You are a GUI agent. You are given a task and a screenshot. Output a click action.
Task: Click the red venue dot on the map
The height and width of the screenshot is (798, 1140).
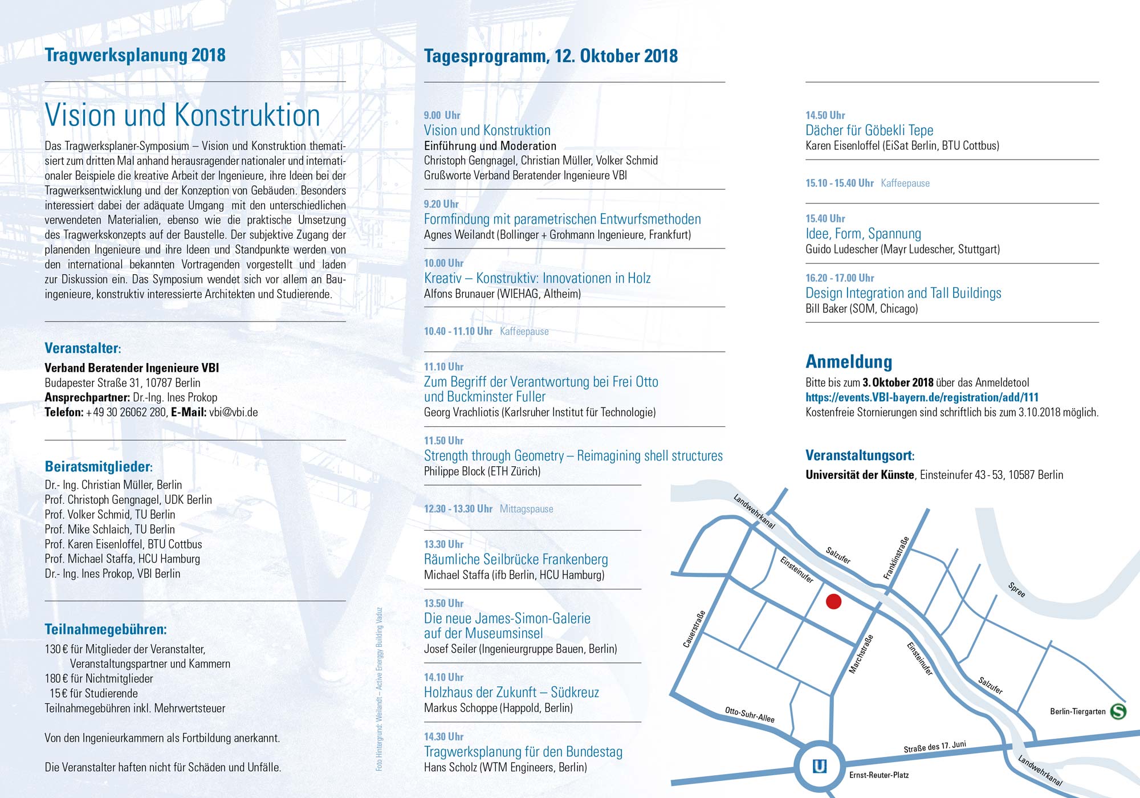(833, 601)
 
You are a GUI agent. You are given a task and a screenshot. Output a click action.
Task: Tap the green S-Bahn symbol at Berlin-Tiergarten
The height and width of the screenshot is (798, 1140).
(1118, 711)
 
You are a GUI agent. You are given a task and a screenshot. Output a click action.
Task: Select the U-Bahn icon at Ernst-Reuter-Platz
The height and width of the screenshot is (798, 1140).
(819, 766)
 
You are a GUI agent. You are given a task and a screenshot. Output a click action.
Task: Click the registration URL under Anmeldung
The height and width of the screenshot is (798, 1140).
(922, 397)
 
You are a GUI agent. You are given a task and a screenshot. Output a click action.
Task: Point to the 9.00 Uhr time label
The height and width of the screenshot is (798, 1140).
(442, 115)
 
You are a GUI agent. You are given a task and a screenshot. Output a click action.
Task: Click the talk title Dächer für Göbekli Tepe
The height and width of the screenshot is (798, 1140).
(869, 131)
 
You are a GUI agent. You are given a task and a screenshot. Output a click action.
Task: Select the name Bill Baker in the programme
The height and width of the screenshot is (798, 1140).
(826, 309)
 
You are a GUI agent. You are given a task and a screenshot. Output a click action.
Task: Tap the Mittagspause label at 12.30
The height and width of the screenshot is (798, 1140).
(526, 509)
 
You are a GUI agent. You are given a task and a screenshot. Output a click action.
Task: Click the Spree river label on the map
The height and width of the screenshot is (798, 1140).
(1016, 589)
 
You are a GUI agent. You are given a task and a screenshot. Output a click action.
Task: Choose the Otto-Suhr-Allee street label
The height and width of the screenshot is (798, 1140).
(750, 714)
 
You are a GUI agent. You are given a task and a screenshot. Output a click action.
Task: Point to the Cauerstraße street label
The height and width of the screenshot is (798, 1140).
(694, 629)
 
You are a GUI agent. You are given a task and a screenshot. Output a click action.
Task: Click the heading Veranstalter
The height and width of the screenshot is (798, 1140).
(82, 348)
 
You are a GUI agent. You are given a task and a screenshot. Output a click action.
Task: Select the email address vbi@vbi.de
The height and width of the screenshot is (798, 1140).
(233, 412)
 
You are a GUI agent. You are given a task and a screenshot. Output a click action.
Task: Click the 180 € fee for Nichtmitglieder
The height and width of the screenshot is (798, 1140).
(99, 679)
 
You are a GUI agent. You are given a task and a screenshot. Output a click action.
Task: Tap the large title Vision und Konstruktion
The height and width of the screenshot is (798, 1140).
(182, 115)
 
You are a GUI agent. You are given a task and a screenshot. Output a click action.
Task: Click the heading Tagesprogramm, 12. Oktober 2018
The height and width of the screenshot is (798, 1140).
(551, 56)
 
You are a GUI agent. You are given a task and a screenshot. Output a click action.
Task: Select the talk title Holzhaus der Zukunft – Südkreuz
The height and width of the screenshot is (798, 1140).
(511, 693)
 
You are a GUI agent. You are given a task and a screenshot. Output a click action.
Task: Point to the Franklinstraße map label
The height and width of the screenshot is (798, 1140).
(896, 558)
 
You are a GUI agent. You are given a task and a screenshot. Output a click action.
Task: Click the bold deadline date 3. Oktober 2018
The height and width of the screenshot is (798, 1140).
(898, 382)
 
